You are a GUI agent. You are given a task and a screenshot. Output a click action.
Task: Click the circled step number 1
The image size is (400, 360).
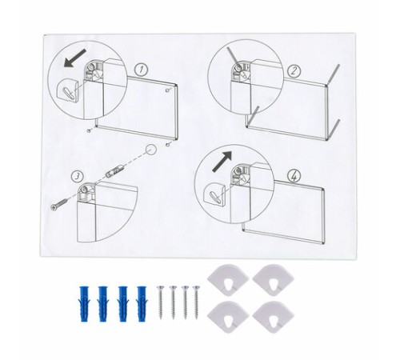[x=141, y=70]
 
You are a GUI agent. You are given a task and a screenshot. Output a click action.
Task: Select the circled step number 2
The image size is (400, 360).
[x=294, y=71]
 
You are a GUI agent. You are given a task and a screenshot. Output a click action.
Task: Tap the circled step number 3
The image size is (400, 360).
[x=78, y=176]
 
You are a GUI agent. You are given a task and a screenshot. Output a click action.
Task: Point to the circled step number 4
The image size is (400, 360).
[x=294, y=176]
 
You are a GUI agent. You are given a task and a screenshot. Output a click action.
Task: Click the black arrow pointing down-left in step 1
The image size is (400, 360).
[x=75, y=58]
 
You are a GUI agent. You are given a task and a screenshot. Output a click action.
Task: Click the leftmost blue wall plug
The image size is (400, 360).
[x=84, y=304]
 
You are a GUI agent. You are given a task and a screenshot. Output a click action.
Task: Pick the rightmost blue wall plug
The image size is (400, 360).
[x=142, y=303]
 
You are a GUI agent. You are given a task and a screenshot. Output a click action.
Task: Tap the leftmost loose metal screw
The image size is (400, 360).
[x=161, y=302]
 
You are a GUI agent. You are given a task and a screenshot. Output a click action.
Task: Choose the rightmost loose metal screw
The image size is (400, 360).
[x=196, y=302]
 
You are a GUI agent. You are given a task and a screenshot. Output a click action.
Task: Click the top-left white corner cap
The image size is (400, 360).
[x=228, y=279]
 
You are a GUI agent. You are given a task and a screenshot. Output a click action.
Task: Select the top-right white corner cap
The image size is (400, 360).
[x=273, y=280]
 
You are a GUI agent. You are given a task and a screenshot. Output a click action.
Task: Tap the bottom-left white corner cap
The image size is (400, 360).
[x=228, y=317]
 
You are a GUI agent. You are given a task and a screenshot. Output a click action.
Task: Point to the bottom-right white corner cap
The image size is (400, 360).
[x=273, y=317]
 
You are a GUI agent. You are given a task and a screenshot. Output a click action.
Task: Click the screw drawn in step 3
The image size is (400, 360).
[x=59, y=204]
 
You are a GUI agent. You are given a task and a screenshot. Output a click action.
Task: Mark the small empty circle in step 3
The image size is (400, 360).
[x=151, y=150]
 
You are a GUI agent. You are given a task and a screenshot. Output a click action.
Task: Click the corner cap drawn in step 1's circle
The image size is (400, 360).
[x=68, y=90]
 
